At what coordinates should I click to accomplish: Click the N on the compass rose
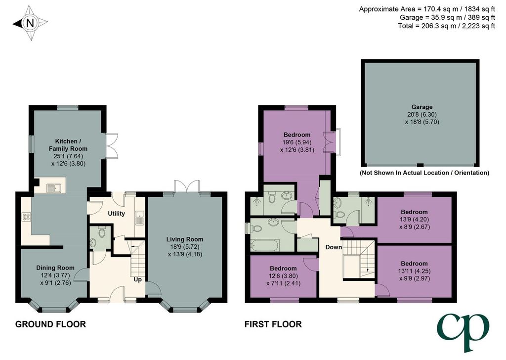click(x=30, y=23)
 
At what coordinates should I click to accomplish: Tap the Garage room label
click(x=422, y=107)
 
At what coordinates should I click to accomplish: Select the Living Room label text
click(x=185, y=239)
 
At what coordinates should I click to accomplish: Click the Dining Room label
click(x=55, y=268)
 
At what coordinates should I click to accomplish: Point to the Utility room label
click(x=116, y=214)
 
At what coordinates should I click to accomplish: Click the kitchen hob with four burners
click(x=26, y=217)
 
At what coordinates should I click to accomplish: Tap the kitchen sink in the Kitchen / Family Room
click(x=54, y=188)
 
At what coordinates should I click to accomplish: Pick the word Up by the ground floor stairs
click(x=138, y=279)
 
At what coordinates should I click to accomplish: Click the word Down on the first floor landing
click(x=334, y=247)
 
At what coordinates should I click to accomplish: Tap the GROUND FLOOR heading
click(x=51, y=324)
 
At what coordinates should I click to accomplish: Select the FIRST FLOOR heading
click(x=273, y=324)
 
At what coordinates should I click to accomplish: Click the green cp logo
click(x=463, y=331)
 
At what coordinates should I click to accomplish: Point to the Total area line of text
click(x=446, y=26)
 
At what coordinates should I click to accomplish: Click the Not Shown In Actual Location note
click(x=424, y=173)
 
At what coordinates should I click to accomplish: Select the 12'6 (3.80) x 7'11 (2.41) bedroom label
click(x=283, y=276)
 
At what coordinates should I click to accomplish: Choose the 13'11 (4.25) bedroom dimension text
click(x=415, y=271)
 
